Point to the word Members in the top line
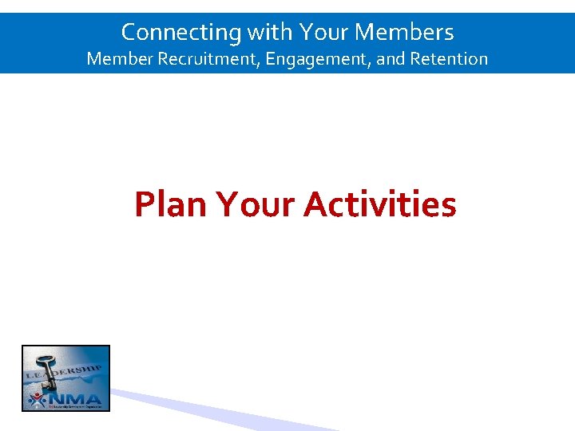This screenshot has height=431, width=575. [404, 32]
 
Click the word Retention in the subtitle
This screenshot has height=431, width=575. [449, 58]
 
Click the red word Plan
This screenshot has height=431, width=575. [170, 204]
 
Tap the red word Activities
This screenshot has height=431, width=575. [380, 204]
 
